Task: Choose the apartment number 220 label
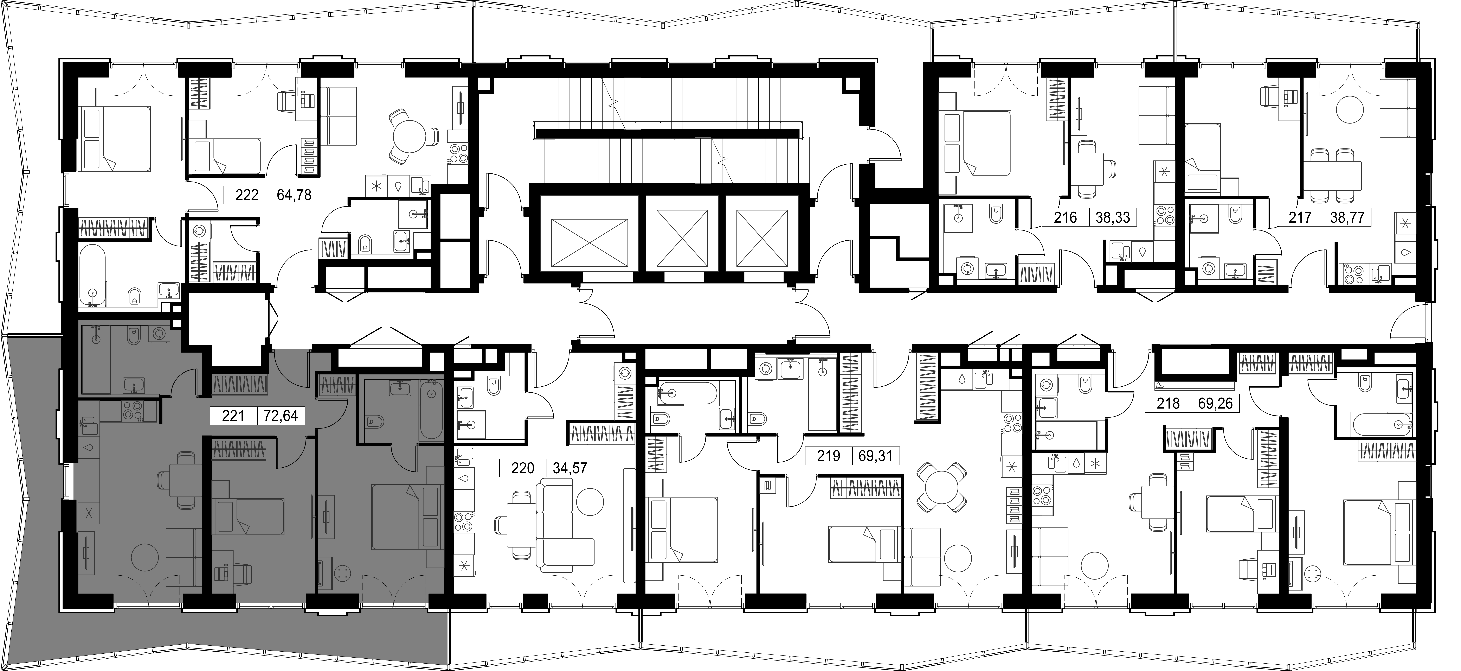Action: pos(522,468)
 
